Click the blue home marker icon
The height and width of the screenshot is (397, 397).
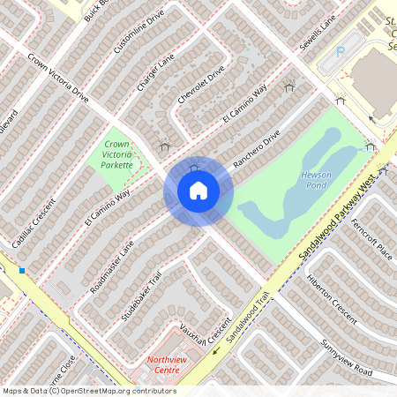198,191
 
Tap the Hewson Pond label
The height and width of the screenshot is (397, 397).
316,180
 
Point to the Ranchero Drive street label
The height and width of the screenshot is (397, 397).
256,149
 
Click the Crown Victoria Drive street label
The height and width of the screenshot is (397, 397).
58,79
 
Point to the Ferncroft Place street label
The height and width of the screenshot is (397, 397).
371,235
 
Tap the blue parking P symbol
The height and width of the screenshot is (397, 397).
341,53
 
